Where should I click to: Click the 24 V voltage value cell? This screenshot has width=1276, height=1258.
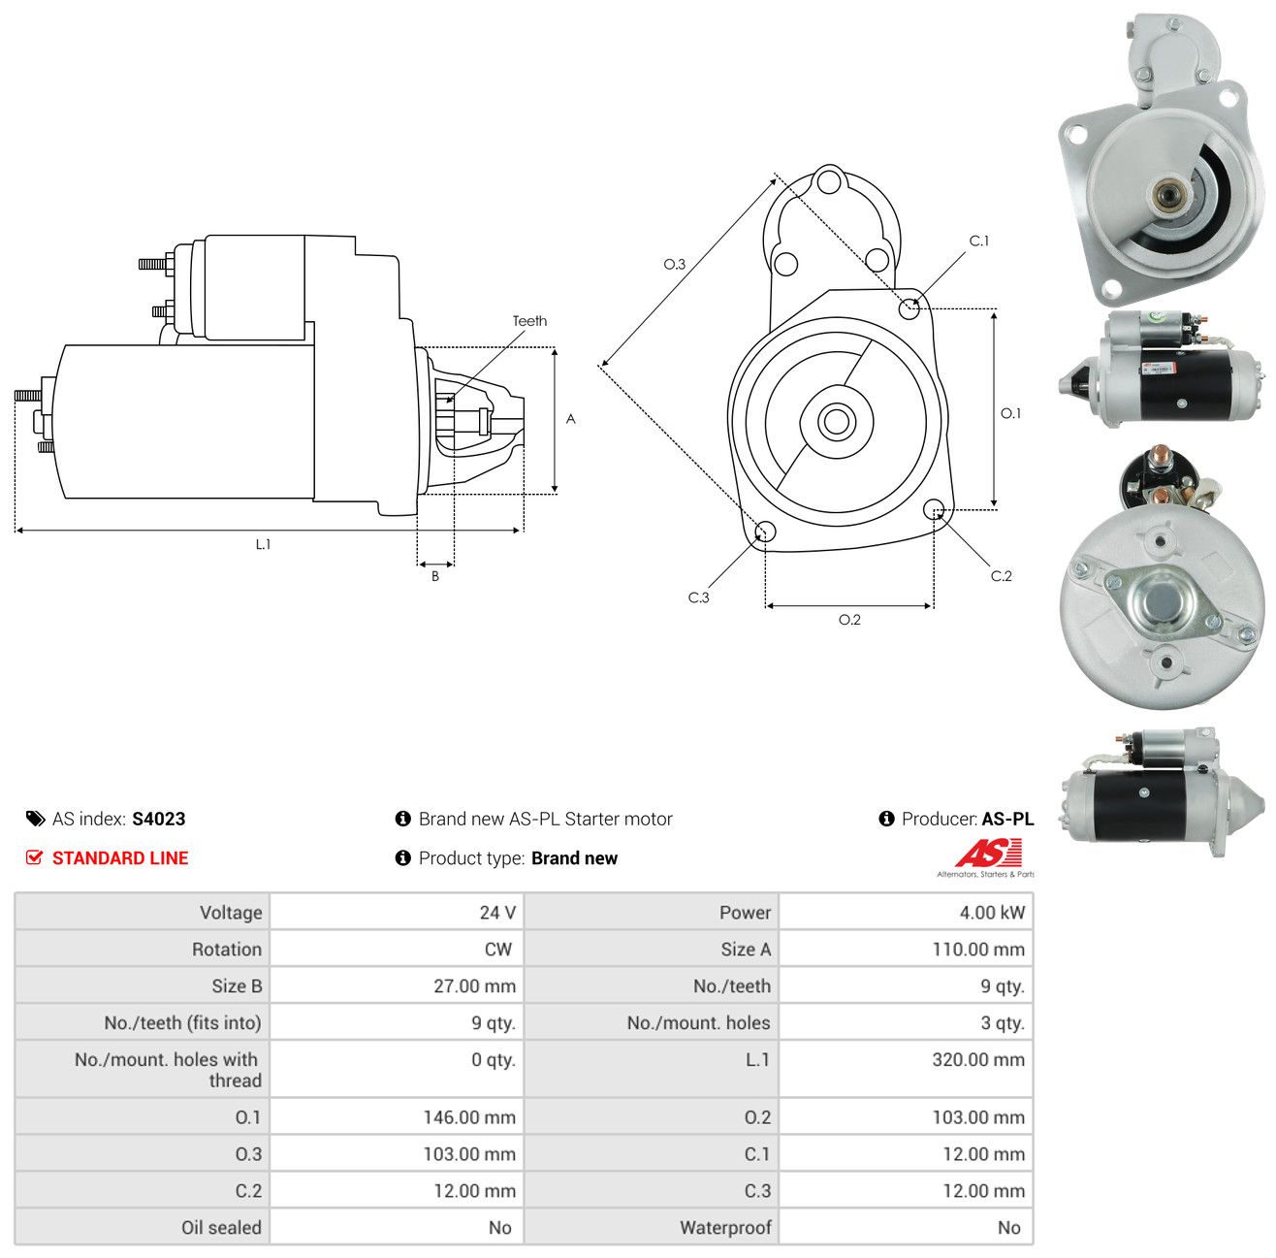pos(496,912)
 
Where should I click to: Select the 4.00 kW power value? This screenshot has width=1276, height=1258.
pos(991,912)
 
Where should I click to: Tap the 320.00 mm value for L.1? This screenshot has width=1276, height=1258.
pos(978,1059)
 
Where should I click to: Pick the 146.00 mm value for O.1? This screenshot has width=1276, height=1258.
pos(469,1117)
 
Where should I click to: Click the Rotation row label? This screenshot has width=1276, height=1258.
pos(227,950)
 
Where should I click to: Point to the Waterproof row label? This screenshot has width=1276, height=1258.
pos(725,1228)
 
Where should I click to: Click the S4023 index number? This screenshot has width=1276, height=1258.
pos(159,819)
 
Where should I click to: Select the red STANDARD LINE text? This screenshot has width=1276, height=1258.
pos(120,857)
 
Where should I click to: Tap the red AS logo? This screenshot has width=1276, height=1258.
pos(988,854)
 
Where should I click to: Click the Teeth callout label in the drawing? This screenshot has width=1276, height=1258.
pos(529,321)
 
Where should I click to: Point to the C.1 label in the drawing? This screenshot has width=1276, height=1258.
pos(978,242)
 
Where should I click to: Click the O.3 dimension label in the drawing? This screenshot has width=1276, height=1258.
pos(674,265)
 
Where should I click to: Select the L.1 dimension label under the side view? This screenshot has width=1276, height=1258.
pos(263,544)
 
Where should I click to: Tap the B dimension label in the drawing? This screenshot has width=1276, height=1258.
pos(435,576)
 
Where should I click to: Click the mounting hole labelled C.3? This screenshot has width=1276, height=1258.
pos(765,532)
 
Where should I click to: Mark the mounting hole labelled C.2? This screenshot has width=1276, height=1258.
pos(933,509)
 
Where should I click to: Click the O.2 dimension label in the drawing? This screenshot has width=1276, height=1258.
pos(849,620)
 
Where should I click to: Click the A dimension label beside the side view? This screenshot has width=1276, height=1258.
pos(570,419)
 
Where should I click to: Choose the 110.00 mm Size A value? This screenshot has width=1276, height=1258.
pos(978,950)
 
